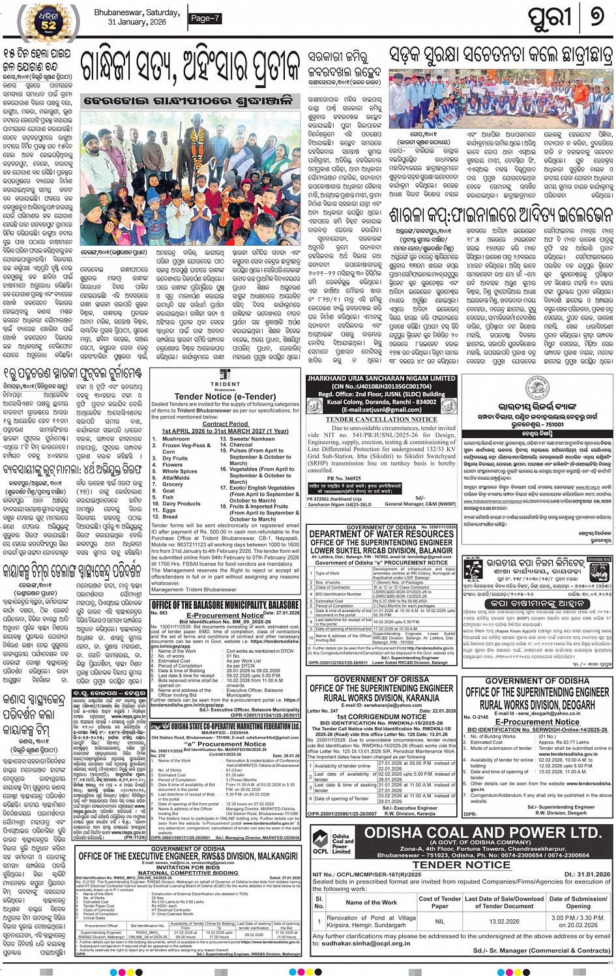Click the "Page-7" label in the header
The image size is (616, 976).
tap(205, 18)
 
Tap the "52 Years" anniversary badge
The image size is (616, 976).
tap(49, 22)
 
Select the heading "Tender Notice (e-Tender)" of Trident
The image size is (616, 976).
tap(225, 396)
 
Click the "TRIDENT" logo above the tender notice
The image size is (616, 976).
tap(225, 379)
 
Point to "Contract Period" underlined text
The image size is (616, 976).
tap(225, 423)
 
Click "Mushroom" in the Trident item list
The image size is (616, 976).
tap(176, 439)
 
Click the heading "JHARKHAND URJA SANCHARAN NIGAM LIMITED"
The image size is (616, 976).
tap(381, 378)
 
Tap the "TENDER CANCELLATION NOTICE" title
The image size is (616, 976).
tap(381, 419)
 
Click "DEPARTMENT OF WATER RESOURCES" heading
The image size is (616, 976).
tap(381, 534)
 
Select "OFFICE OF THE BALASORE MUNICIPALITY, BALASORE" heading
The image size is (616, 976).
tap(225, 605)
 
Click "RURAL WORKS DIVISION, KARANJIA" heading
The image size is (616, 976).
tap(381, 698)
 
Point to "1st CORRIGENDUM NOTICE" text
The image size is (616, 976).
tap(381, 717)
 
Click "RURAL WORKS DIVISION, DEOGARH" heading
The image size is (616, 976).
tap(538, 705)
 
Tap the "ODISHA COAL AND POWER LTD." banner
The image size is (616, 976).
tap(482, 833)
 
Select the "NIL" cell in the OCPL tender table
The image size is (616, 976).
tap(439, 921)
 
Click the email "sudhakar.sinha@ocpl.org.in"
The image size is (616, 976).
tap(366, 943)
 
